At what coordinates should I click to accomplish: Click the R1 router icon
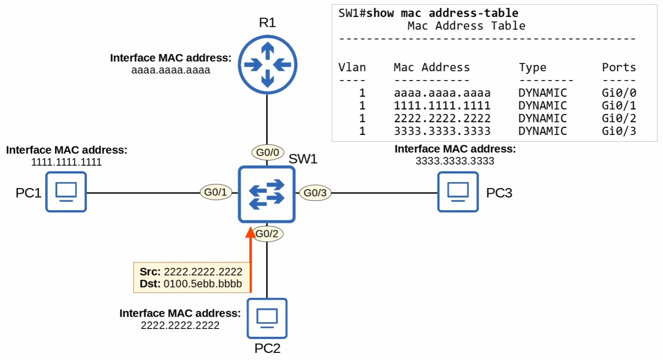(267, 65)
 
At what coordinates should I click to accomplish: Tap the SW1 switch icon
(266, 194)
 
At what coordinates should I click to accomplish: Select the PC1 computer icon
(66, 192)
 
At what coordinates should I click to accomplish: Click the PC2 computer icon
(267, 318)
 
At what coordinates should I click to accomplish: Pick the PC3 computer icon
(458, 192)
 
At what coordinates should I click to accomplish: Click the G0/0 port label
(268, 152)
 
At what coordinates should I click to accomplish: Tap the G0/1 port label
(216, 192)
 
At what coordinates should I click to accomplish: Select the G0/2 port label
(267, 234)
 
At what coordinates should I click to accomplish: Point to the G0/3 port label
(315, 193)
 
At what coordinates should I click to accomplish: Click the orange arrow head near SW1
(250, 233)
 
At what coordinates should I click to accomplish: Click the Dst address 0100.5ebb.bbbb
(202, 284)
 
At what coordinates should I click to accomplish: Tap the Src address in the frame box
(203, 271)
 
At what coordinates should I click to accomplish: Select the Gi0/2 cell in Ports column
(619, 118)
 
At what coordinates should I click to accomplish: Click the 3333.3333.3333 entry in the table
(442, 131)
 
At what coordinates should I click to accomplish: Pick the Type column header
(532, 68)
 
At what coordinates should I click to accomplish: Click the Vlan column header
(352, 67)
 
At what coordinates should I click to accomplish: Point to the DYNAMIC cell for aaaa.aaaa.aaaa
(542, 93)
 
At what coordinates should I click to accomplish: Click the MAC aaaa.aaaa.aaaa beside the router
(170, 70)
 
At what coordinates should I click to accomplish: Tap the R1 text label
(267, 22)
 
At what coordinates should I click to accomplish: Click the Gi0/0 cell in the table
(619, 93)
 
